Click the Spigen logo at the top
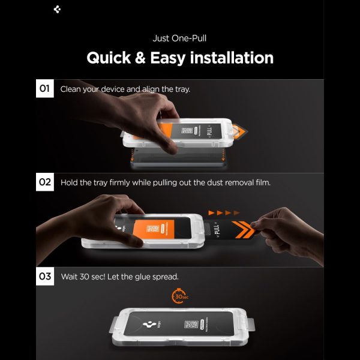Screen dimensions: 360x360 [58, 9]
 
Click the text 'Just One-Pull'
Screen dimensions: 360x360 [180, 38]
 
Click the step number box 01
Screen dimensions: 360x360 [45, 89]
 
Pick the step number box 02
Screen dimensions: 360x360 [45, 182]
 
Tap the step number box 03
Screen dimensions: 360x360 [45, 277]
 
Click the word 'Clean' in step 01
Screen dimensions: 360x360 [72, 89]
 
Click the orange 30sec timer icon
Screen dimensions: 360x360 [179, 296]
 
